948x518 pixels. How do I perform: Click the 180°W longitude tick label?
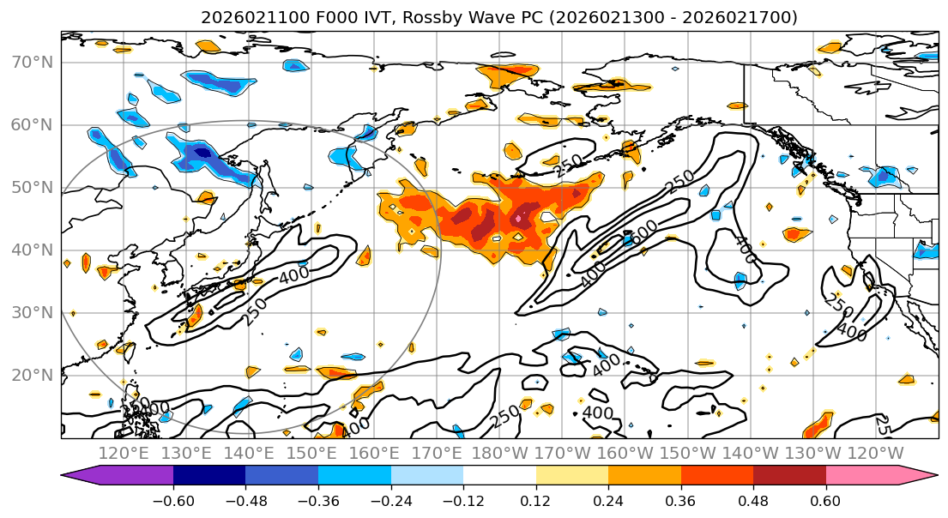pyautogui.click(x=500, y=453)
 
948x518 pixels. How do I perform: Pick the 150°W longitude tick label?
pyautogui.click(x=689, y=453)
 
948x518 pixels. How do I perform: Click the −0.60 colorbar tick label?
pyautogui.click(x=173, y=501)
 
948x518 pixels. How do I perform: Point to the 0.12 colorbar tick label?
pyautogui.click(x=536, y=501)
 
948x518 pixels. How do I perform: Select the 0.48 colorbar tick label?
pyautogui.click(x=753, y=501)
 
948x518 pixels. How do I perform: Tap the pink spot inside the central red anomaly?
pyautogui.click(x=519, y=220)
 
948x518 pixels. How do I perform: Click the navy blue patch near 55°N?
pyautogui.click(x=202, y=154)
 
